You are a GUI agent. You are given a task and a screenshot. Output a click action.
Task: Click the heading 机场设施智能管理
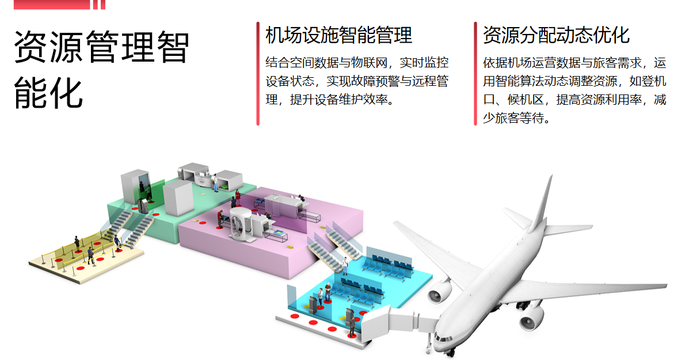[338, 35]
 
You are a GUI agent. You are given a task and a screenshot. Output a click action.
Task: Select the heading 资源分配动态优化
[556, 35]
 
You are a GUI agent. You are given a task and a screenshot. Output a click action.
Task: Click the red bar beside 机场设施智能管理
[258, 73]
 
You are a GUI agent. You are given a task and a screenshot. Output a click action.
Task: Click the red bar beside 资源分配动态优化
[475, 73]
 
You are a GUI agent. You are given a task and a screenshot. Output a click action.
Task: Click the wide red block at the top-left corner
[52, 4]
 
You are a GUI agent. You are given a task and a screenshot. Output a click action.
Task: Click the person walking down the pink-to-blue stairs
[345, 264]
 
